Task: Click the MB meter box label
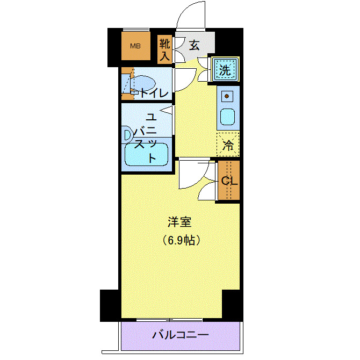click(134, 46)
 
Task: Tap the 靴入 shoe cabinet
click(164, 49)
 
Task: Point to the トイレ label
click(154, 92)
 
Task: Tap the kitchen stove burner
click(227, 97)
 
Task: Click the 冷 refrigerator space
click(228, 144)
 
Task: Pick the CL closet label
click(229, 181)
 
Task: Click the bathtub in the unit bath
click(146, 156)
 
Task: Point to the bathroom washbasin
click(127, 135)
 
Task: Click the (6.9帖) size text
click(182, 240)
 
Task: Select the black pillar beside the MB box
click(114, 47)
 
